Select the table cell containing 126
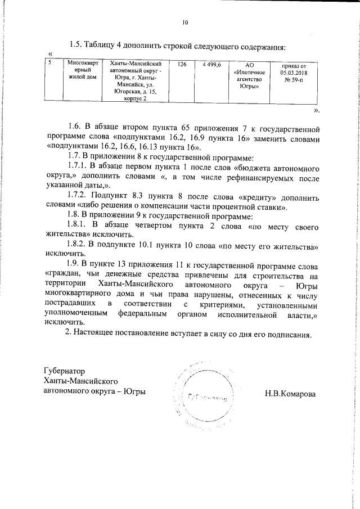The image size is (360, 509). [x=181, y=66]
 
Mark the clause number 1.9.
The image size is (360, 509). [x=74, y=264]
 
